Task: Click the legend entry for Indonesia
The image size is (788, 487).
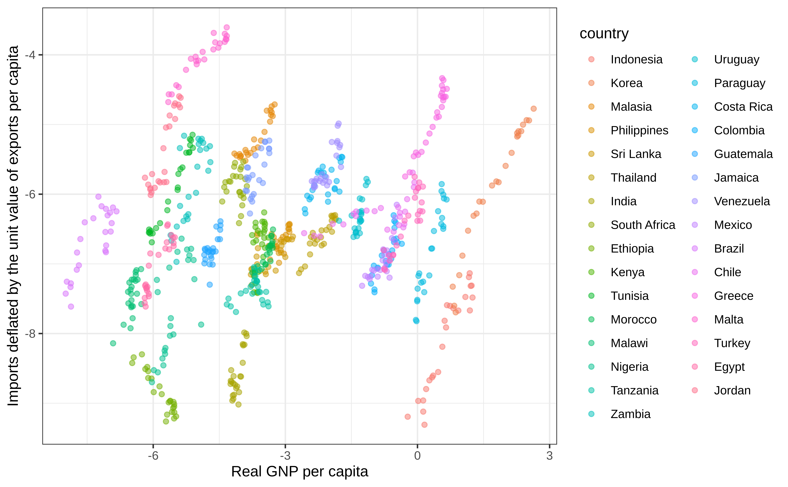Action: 636,60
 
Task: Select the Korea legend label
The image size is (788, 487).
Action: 626,83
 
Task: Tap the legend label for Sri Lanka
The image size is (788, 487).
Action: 636,154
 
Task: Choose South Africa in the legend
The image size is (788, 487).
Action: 643,225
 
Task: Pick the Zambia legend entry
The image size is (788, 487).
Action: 630,414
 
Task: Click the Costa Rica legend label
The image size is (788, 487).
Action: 743,107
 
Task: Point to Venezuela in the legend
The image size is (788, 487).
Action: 742,201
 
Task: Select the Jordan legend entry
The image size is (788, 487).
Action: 732,390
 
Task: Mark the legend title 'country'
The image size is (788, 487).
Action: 604,33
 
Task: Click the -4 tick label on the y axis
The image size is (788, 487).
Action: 30,55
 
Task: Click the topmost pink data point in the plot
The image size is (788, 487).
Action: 227,27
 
